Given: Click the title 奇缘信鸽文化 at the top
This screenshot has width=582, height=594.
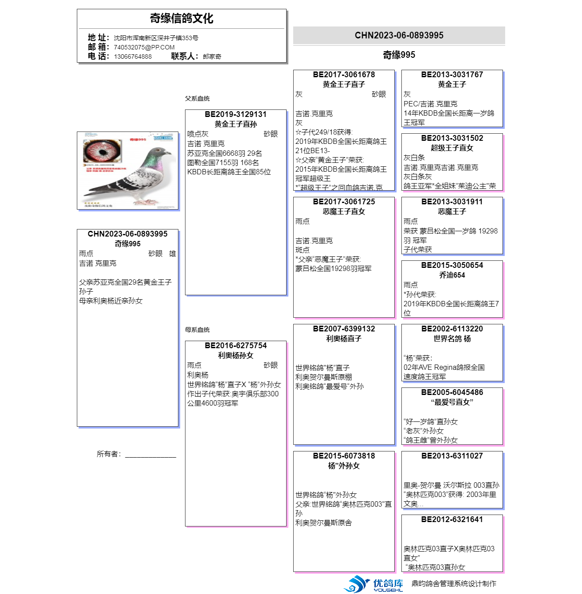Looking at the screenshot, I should click(181, 19).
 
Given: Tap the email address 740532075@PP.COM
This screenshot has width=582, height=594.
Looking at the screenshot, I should click(144, 47).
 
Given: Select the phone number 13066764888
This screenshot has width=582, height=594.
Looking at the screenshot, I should click(132, 56).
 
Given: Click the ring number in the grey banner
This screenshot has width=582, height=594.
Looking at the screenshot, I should click(399, 35).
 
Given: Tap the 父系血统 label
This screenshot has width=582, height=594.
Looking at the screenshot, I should click(197, 98).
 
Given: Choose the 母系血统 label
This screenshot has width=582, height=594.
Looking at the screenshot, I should click(197, 330).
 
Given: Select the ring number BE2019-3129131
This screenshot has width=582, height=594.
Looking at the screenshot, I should click(235, 114).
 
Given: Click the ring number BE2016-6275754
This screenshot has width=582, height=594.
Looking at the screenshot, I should click(235, 346).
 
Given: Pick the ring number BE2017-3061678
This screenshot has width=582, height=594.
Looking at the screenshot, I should click(344, 75).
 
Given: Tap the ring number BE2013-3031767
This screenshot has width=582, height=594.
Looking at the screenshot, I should click(452, 75).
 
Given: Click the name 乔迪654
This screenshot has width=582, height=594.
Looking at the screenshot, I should click(452, 275).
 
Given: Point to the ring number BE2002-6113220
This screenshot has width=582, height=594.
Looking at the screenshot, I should click(452, 329).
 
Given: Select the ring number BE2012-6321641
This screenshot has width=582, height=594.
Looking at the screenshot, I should click(452, 519).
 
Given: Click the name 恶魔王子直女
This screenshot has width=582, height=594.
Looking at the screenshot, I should click(344, 211).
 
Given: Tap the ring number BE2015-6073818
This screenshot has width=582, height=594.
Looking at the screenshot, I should click(344, 456).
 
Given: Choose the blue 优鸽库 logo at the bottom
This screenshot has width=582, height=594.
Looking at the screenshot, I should click(373, 584).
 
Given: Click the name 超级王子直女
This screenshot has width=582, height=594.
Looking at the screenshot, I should click(452, 148).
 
